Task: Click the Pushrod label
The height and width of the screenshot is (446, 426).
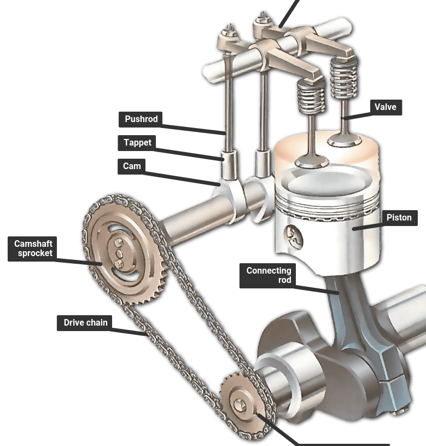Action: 141,119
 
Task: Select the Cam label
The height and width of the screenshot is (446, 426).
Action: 132,166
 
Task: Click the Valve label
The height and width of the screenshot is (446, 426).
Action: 386,107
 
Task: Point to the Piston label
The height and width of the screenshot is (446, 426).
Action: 399,218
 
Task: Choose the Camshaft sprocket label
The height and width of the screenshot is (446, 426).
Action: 32,248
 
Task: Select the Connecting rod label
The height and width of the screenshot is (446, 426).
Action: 268,276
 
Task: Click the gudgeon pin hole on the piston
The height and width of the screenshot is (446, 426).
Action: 294,236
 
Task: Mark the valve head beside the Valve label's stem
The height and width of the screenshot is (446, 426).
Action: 344,141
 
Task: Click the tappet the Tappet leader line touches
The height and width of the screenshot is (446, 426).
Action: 229,165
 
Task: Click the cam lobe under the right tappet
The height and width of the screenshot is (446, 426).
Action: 258,199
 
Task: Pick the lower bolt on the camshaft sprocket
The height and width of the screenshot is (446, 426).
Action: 118,264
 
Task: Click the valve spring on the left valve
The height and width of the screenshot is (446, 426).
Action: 311,96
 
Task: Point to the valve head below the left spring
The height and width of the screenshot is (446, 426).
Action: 312,162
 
